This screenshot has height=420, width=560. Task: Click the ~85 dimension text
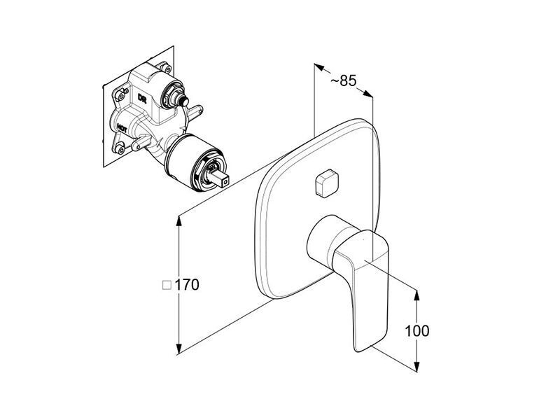click(343, 81)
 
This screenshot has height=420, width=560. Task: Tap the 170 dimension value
click(187, 285)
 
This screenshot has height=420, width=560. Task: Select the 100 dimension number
click(416, 331)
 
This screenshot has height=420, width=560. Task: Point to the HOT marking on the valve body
click(122, 128)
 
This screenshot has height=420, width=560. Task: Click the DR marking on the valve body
click(142, 99)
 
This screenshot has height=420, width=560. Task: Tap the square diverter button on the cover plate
click(326, 183)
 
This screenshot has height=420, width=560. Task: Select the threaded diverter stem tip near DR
click(185, 102)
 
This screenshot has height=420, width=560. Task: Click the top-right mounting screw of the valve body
click(166, 66)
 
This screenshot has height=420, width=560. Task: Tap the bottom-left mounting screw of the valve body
click(120, 150)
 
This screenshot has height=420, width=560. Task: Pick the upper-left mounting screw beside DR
click(122, 96)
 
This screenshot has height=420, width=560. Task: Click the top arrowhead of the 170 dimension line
click(179, 221)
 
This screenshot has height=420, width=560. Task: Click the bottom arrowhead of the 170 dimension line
click(179, 349)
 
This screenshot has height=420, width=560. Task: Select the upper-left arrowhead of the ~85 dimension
click(319, 67)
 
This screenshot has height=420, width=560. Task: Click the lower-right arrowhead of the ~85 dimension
click(367, 94)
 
